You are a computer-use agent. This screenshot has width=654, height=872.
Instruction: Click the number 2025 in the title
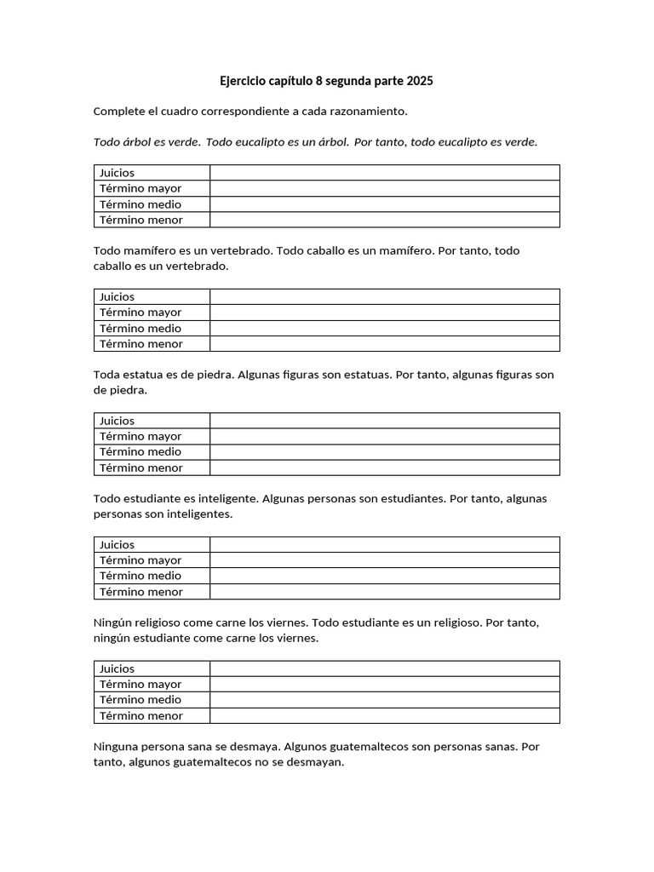click(x=420, y=82)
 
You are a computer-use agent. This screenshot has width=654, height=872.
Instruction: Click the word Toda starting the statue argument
click(x=107, y=375)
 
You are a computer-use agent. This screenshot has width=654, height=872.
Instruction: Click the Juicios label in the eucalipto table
click(x=118, y=173)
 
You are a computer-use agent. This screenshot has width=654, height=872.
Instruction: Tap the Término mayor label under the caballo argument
click(x=141, y=313)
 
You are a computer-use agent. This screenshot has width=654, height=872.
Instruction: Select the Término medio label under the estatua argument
click(x=141, y=452)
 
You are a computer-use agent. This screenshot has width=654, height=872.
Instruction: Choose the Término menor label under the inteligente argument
click(x=141, y=592)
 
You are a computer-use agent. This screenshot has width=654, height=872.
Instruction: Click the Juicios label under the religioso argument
click(x=118, y=668)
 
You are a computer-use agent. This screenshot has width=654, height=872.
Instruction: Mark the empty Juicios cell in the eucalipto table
click(x=385, y=173)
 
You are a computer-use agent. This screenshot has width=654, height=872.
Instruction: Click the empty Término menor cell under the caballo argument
click(x=385, y=344)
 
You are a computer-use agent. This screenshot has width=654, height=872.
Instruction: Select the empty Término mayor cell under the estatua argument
click(x=385, y=436)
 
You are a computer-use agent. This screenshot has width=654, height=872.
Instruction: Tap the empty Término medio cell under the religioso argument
click(x=385, y=700)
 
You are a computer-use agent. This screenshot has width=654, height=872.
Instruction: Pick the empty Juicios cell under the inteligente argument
click(x=385, y=544)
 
